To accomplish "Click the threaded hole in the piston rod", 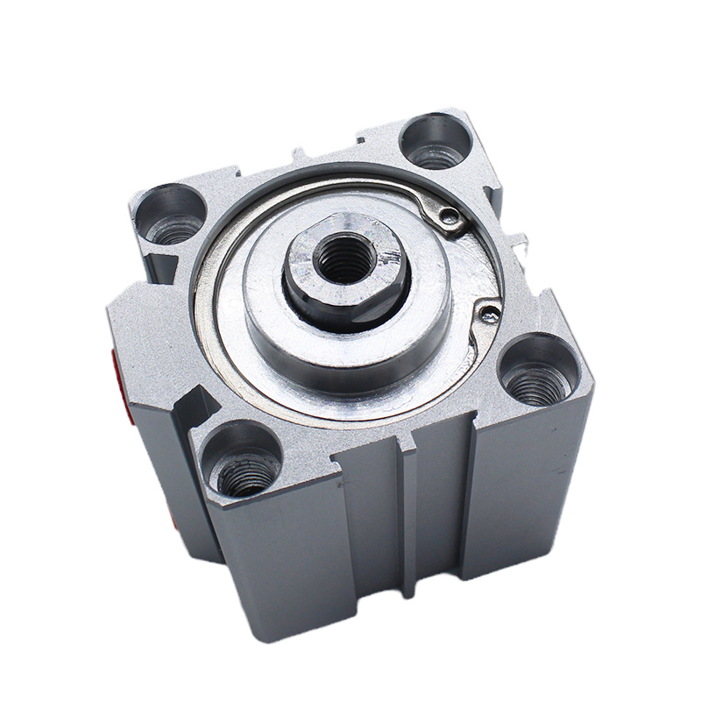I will pyautogui.click(x=345, y=258).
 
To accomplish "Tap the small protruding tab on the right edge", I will pyautogui.click(x=522, y=238).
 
